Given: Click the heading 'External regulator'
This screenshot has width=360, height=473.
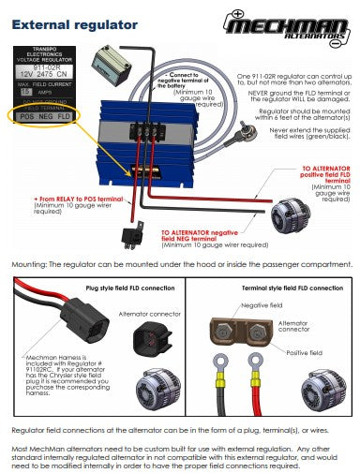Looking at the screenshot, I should click(x=75, y=24).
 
